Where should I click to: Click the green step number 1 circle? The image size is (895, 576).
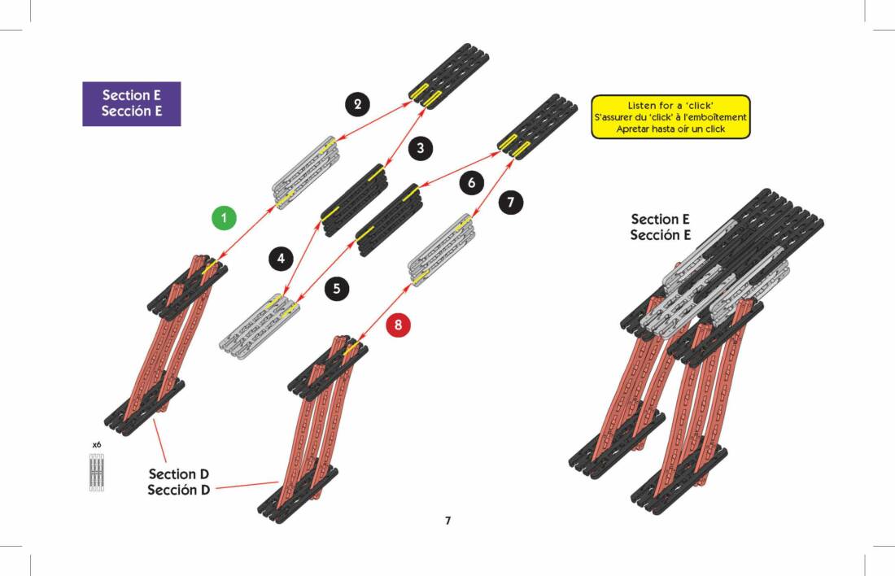(x=224, y=218)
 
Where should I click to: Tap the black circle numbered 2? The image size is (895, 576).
(x=356, y=103)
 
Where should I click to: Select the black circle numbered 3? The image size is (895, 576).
(x=420, y=148)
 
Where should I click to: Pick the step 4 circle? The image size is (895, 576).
(x=281, y=259)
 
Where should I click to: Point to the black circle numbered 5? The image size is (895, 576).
(x=336, y=287)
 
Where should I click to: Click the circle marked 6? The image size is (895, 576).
(x=471, y=183)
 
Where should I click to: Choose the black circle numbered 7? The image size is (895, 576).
(x=510, y=202)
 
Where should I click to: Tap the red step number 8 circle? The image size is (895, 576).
(x=398, y=325)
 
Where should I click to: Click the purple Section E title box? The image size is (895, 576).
(x=131, y=103)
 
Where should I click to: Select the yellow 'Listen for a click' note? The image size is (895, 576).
(x=670, y=117)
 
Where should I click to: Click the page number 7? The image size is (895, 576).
(x=447, y=521)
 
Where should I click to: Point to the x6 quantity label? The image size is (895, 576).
(x=97, y=445)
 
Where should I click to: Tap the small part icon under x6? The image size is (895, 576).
(x=97, y=472)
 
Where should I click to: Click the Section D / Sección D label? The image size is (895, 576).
(x=179, y=482)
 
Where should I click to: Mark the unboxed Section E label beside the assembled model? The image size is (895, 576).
(x=660, y=227)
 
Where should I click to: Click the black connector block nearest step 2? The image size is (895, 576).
(x=449, y=76)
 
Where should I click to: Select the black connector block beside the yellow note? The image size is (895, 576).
(x=537, y=126)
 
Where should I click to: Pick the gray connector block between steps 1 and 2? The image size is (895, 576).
(x=305, y=172)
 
